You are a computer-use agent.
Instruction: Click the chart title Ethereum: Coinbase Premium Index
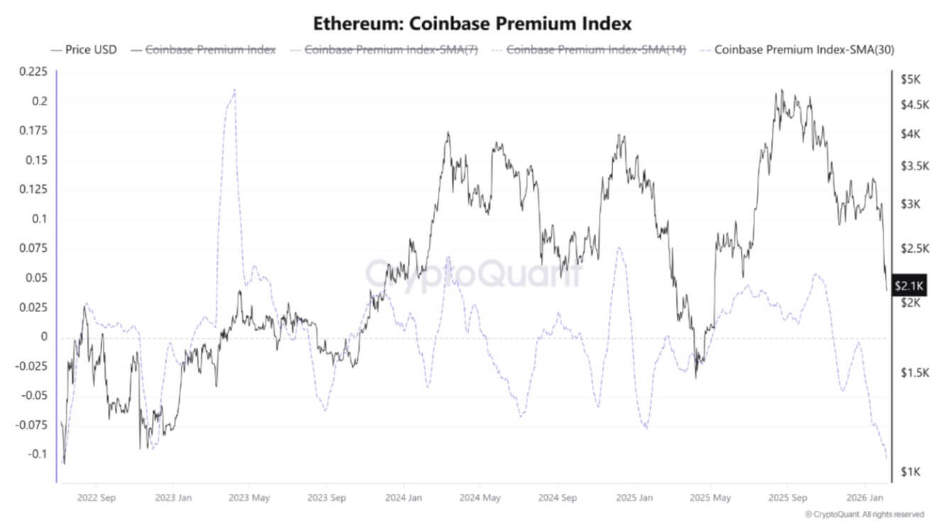472,23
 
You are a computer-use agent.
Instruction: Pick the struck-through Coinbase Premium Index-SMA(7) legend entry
391,50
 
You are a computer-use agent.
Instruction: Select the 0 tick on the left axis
44,336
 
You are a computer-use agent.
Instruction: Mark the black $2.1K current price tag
908,286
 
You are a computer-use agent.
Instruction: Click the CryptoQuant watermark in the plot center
474,273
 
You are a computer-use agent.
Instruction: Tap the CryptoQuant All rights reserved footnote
864,514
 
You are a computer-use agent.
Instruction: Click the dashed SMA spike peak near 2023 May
234,90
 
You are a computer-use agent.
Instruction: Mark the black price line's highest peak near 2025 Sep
781,91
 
